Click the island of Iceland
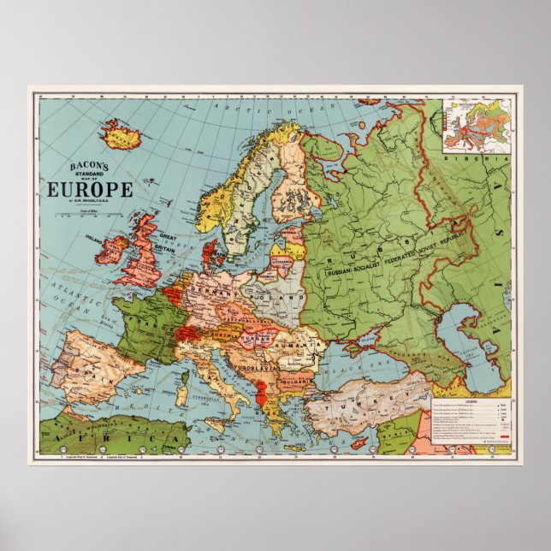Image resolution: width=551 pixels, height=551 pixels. pyautogui.click(x=120, y=133)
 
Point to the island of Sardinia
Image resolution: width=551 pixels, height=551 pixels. pyautogui.click(x=181, y=394)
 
